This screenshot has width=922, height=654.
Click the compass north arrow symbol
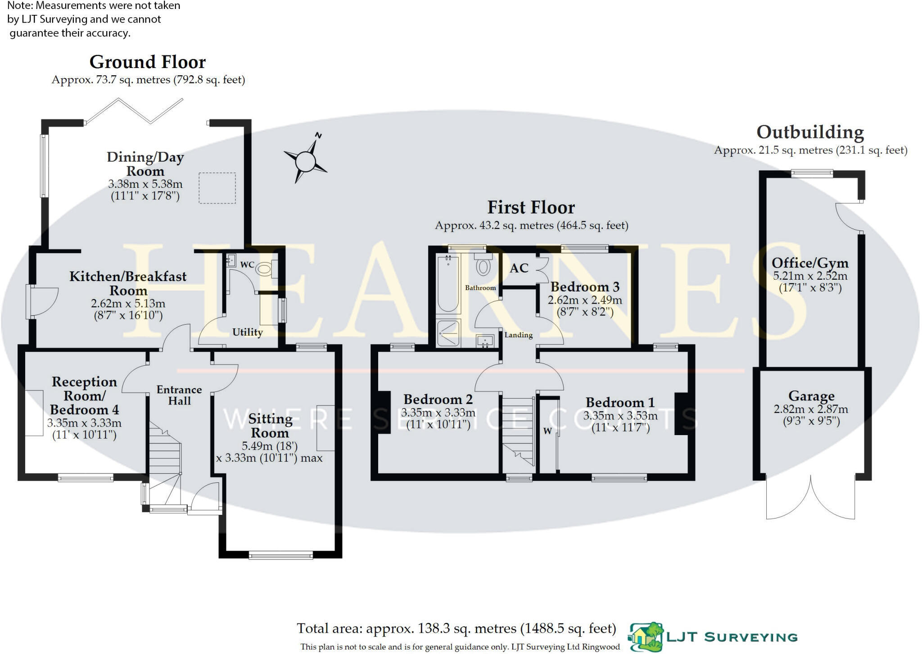(x=306, y=160)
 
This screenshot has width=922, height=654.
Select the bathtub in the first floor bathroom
(x=448, y=284)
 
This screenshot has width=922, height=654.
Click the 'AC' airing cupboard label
(x=519, y=268)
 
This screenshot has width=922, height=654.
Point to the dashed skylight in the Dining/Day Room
(x=217, y=188)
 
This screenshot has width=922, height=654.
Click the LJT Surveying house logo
(x=646, y=636)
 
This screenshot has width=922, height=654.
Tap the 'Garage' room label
(x=811, y=396)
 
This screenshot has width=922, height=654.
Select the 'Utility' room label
(x=248, y=332)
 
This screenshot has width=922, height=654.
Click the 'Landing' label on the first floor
(x=518, y=335)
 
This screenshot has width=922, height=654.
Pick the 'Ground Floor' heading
(x=148, y=62)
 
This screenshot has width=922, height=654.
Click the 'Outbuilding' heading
(x=810, y=132)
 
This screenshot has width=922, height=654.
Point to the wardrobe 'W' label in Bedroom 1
(x=547, y=431)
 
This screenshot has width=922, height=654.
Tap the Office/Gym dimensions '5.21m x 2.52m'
(x=810, y=276)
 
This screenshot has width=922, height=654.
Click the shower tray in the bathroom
(x=448, y=333)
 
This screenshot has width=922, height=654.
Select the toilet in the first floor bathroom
(x=483, y=265)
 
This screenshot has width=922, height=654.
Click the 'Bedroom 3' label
(x=585, y=286)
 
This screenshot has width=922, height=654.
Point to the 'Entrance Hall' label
(x=179, y=395)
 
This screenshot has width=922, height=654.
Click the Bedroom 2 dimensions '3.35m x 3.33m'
(x=438, y=412)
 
